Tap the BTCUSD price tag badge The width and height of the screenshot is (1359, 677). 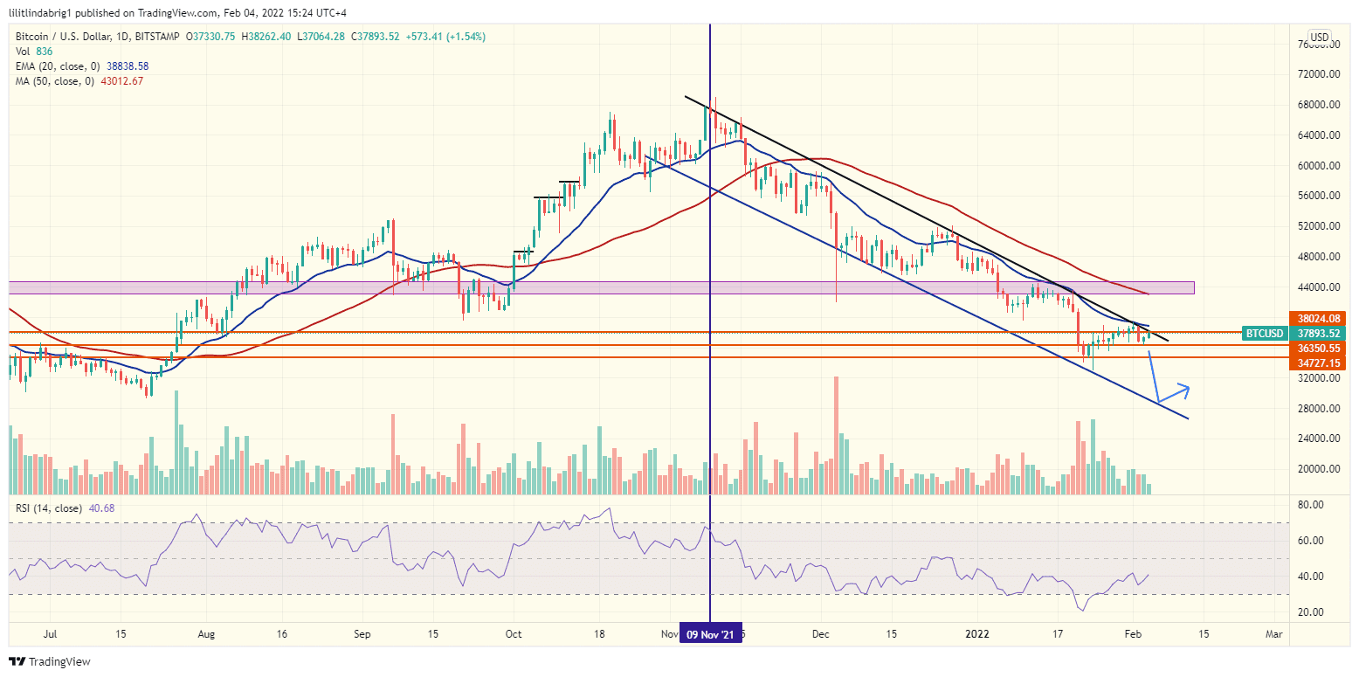click(x=1264, y=333)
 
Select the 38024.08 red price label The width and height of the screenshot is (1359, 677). click(x=1317, y=319)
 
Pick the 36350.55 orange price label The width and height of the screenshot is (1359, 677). click(x=1317, y=348)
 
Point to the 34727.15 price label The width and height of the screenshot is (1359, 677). click(x=1317, y=362)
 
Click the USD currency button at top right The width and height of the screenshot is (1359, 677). click(x=1319, y=37)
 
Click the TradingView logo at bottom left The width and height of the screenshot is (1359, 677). click(x=50, y=661)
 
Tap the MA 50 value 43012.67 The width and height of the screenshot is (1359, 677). click(x=119, y=80)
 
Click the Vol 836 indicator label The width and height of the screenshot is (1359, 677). click(x=33, y=51)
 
